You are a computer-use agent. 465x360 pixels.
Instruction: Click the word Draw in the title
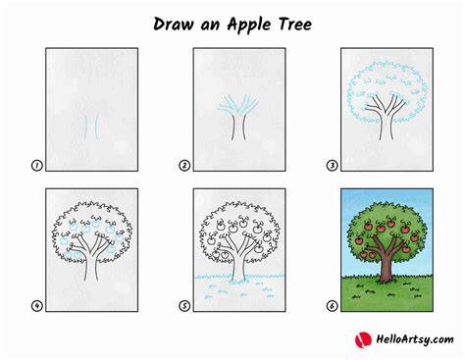(174, 25)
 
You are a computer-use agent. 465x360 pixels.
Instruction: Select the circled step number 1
(36, 166)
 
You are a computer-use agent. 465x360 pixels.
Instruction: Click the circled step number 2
(184, 166)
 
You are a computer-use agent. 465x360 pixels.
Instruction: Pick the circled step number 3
(332, 166)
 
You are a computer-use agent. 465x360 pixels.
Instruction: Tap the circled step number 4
(36, 306)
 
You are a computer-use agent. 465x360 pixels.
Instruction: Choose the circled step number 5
(184, 306)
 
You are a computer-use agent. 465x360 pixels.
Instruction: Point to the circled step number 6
(332, 306)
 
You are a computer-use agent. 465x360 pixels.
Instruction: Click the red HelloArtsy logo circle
(363, 339)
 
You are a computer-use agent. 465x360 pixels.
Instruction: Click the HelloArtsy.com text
(415, 339)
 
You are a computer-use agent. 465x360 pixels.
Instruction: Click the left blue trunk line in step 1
(85, 128)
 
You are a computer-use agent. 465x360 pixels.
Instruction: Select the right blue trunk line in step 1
(97, 128)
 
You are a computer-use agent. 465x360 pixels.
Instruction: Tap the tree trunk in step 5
(238, 267)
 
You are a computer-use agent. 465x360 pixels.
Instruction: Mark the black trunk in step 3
(387, 126)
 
